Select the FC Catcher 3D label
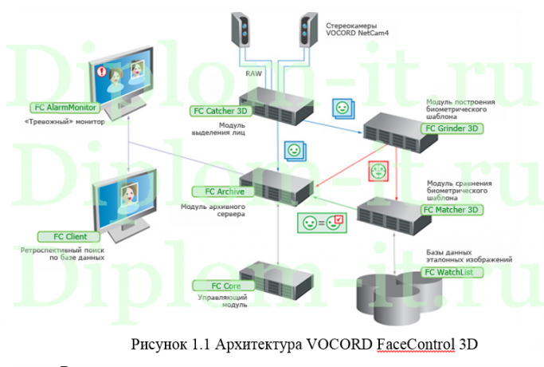(x=221, y=112)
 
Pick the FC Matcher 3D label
(x=452, y=210)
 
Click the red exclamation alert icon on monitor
(x=100, y=72)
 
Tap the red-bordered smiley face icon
(x=378, y=171)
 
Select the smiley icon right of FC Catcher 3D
(x=342, y=108)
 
